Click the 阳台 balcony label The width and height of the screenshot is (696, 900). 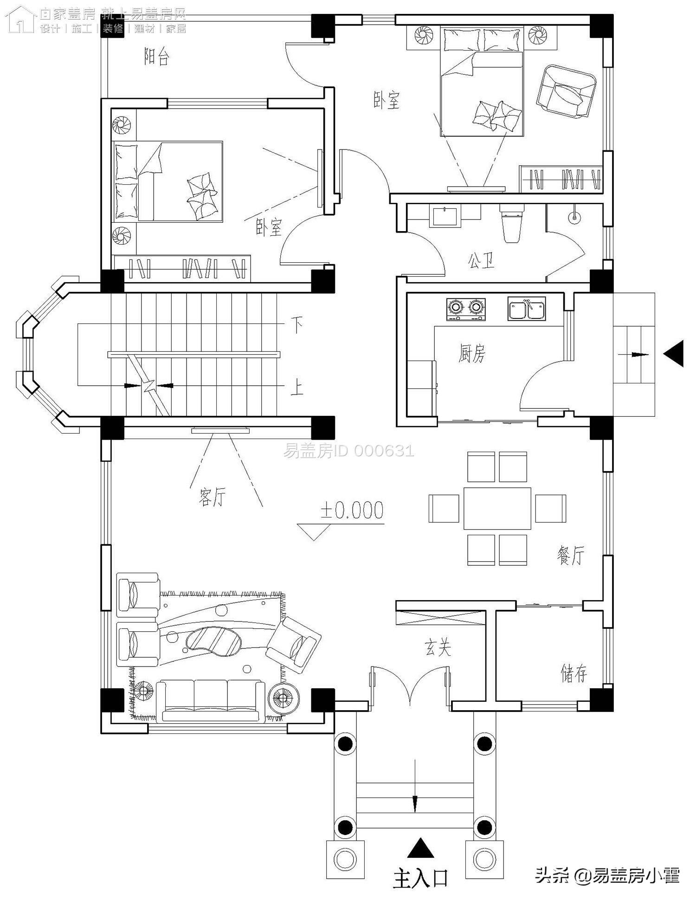(157, 58)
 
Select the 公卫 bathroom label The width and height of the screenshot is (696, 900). (481, 261)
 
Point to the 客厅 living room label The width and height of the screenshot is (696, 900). (212, 497)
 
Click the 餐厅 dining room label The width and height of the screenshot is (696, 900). (571, 555)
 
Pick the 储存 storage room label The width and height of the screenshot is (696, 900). (574, 673)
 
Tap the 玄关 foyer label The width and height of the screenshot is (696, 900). (438, 647)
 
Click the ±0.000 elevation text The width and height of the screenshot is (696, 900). (352, 511)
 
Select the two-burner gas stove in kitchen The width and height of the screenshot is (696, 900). (466, 309)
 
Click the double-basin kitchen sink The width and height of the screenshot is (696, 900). (526, 309)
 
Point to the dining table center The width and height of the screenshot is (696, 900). (497, 508)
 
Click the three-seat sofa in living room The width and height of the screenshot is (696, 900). (210, 701)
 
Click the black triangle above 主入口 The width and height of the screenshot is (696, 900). (420, 848)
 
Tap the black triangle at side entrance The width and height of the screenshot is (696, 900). (674, 354)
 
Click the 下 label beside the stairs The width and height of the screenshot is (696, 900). (297, 325)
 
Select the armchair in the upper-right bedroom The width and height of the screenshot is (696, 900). (566, 91)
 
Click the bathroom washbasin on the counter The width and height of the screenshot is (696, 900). (445, 217)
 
